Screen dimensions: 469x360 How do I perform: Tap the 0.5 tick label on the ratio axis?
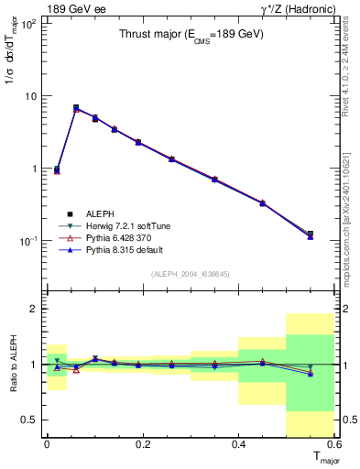[29, 420]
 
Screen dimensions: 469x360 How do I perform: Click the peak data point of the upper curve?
[76, 108]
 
